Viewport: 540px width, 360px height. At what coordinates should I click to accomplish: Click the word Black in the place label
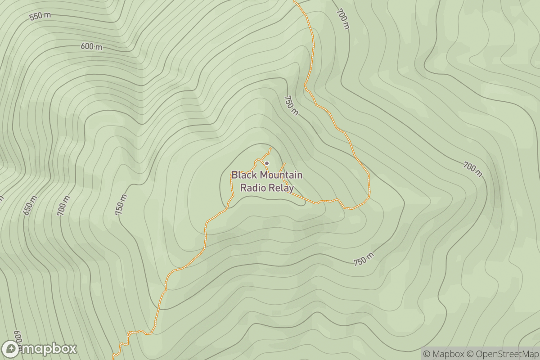pyautogui.click(x=243, y=175)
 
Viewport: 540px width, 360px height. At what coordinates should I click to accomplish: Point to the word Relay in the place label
pyautogui.click(x=282, y=188)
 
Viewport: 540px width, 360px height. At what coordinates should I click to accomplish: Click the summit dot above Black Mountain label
pyautogui.click(x=267, y=163)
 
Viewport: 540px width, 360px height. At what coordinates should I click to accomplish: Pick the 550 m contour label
pyautogui.click(x=40, y=16)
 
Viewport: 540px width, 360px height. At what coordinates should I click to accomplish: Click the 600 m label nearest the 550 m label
pyautogui.click(x=91, y=47)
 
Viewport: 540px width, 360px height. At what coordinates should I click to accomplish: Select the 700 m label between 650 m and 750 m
pyautogui.click(x=64, y=205)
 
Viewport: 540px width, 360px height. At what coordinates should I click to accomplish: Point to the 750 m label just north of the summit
pyautogui.click(x=291, y=105)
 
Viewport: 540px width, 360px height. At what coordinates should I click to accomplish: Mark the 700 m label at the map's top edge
pyautogui.click(x=342, y=19)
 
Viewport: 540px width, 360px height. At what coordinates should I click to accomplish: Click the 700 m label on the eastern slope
pyautogui.click(x=472, y=169)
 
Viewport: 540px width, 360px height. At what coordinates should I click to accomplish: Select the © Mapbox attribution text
pyautogui.click(x=443, y=354)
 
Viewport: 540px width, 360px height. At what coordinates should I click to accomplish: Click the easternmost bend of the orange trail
pyautogui.click(x=369, y=187)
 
